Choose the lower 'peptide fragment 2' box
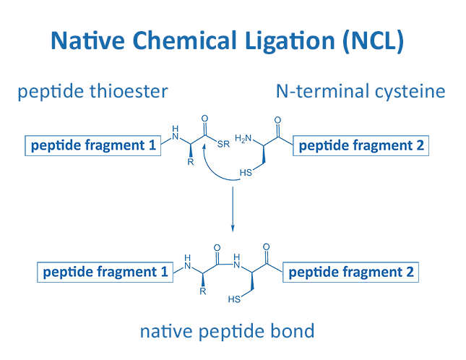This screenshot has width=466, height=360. [x=352, y=273]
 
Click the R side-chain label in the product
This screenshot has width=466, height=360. [x=203, y=293]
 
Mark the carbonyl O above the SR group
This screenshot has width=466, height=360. [x=205, y=117]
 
